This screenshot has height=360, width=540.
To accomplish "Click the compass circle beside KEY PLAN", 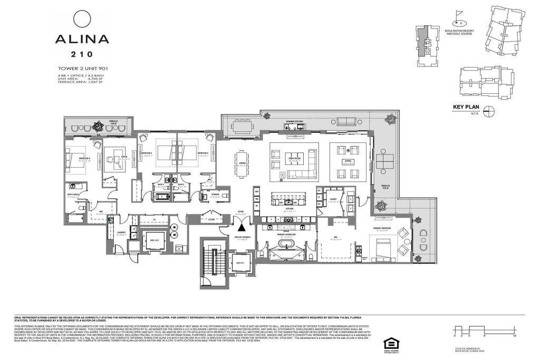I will (x=490, y=110).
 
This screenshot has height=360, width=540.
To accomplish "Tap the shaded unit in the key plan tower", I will (x=421, y=42).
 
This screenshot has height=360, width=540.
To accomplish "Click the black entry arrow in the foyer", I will (x=241, y=227).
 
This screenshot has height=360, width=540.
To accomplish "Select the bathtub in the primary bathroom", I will (x=287, y=244).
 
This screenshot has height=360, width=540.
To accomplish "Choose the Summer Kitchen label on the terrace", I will (x=295, y=121).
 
